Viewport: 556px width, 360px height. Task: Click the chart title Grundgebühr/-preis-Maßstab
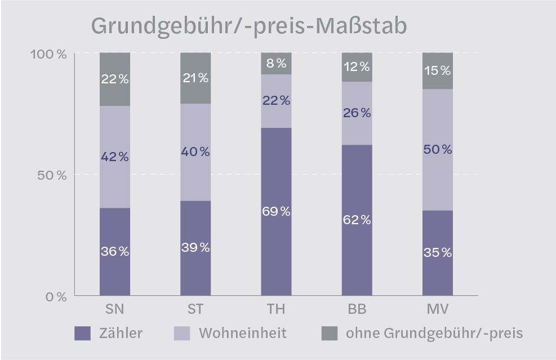pyautogui.click(x=248, y=26)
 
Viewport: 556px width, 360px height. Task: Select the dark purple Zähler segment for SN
pyautogui.click(x=115, y=251)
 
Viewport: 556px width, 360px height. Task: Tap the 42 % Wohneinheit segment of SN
pyautogui.click(x=115, y=157)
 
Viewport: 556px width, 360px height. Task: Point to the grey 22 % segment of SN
pyautogui.click(x=115, y=79)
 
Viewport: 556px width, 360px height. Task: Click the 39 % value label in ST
pyautogui.click(x=195, y=247)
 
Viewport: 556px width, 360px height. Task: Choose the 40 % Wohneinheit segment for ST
pyautogui.click(x=195, y=152)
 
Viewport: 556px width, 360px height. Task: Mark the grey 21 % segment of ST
pyautogui.click(x=195, y=78)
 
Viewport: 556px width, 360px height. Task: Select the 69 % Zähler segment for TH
pyautogui.click(x=276, y=211)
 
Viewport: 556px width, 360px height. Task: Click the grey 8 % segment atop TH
pyautogui.click(x=276, y=63)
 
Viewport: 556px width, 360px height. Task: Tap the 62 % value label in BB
pyautogui.click(x=357, y=220)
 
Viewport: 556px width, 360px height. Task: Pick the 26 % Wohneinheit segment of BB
pyautogui.click(x=357, y=113)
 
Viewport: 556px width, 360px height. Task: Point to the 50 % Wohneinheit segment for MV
pyautogui.click(x=438, y=149)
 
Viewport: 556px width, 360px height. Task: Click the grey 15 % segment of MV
pyautogui.click(x=438, y=70)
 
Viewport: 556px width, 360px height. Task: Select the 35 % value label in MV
pyautogui.click(x=438, y=252)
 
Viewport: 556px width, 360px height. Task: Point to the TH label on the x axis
pyautogui.click(x=276, y=310)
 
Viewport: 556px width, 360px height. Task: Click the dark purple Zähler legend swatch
pyautogui.click(x=82, y=333)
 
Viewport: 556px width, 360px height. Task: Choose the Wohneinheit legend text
pyautogui.click(x=242, y=333)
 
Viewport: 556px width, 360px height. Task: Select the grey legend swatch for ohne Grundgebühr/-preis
pyautogui.click(x=329, y=333)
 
